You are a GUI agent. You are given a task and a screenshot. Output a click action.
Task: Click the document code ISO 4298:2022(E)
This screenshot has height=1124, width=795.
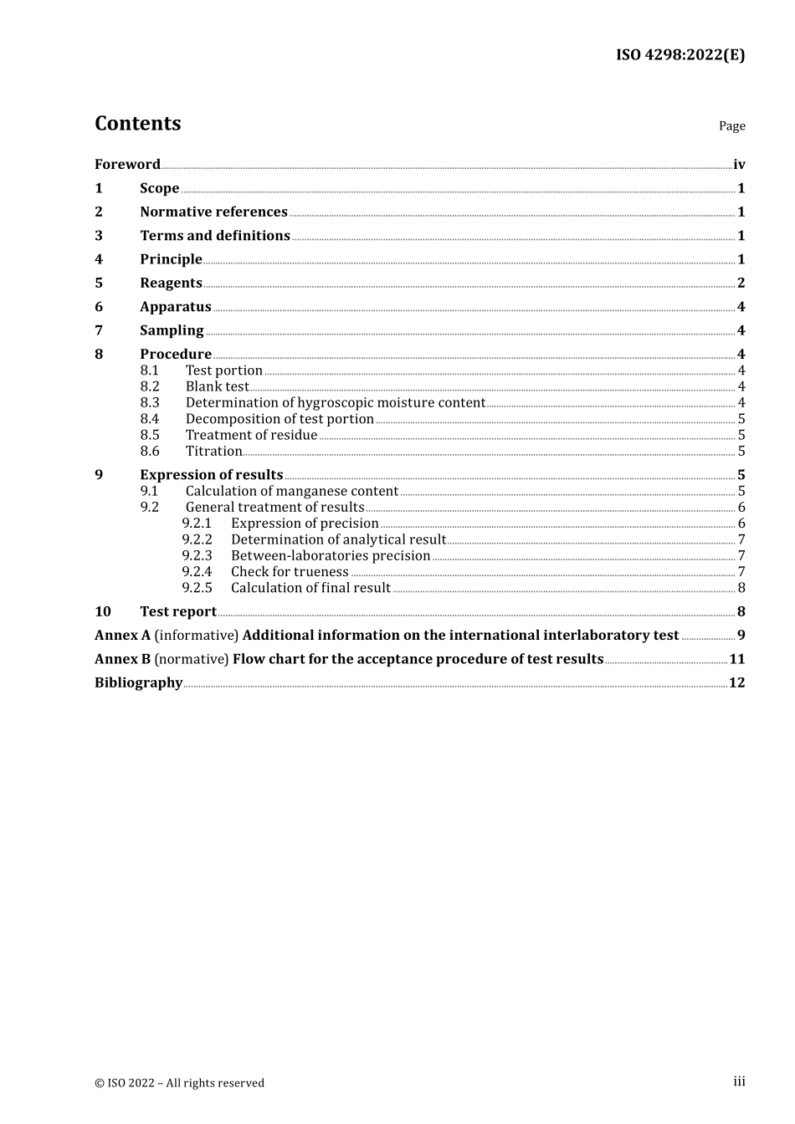tap(680, 55)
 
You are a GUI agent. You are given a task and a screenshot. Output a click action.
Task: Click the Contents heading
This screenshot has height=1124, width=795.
tap(137, 124)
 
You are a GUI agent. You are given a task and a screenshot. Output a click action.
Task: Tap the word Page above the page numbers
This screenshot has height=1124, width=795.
tap(731, 126)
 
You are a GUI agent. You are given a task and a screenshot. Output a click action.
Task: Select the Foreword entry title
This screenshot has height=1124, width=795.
tap(127, 165)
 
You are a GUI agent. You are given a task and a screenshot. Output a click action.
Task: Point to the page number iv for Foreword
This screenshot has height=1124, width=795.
tap(739, 165)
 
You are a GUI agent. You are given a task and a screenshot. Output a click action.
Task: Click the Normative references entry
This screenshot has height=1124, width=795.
tap(213, 212)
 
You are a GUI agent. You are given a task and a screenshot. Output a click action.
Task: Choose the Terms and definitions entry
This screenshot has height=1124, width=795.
tap(215, 236)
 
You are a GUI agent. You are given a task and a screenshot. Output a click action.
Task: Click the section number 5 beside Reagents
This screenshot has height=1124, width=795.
tap(99, 284)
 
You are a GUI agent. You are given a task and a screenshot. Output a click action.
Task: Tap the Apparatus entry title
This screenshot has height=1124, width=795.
tap(176, 307)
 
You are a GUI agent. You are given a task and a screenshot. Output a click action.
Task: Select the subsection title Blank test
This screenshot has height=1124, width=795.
tap(218, 386)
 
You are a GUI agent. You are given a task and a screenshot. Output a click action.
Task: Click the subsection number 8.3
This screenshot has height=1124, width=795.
tap(150, 402)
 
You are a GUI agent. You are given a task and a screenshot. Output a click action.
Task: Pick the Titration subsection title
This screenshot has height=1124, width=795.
tap(213, 451)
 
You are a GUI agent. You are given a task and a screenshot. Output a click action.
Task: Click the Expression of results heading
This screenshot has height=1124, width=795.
tap(212, 475)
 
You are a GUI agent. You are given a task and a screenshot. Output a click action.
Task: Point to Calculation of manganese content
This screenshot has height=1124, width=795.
tap(292, 491)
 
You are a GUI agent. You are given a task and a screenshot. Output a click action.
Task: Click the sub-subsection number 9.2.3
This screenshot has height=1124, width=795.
tap(197, 555)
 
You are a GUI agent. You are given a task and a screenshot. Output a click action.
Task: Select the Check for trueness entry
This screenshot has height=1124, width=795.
tap(290, 572)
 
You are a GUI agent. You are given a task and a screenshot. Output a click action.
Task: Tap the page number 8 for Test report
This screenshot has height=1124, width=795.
tap(741, 612)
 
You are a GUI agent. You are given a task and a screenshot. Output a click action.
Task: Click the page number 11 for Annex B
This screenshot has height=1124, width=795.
tap(736, 659)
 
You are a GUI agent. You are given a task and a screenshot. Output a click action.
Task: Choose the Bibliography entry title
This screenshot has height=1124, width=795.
tap(138, 683)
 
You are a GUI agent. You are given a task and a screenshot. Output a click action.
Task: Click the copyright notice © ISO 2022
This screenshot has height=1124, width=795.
tap(179, 1083)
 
